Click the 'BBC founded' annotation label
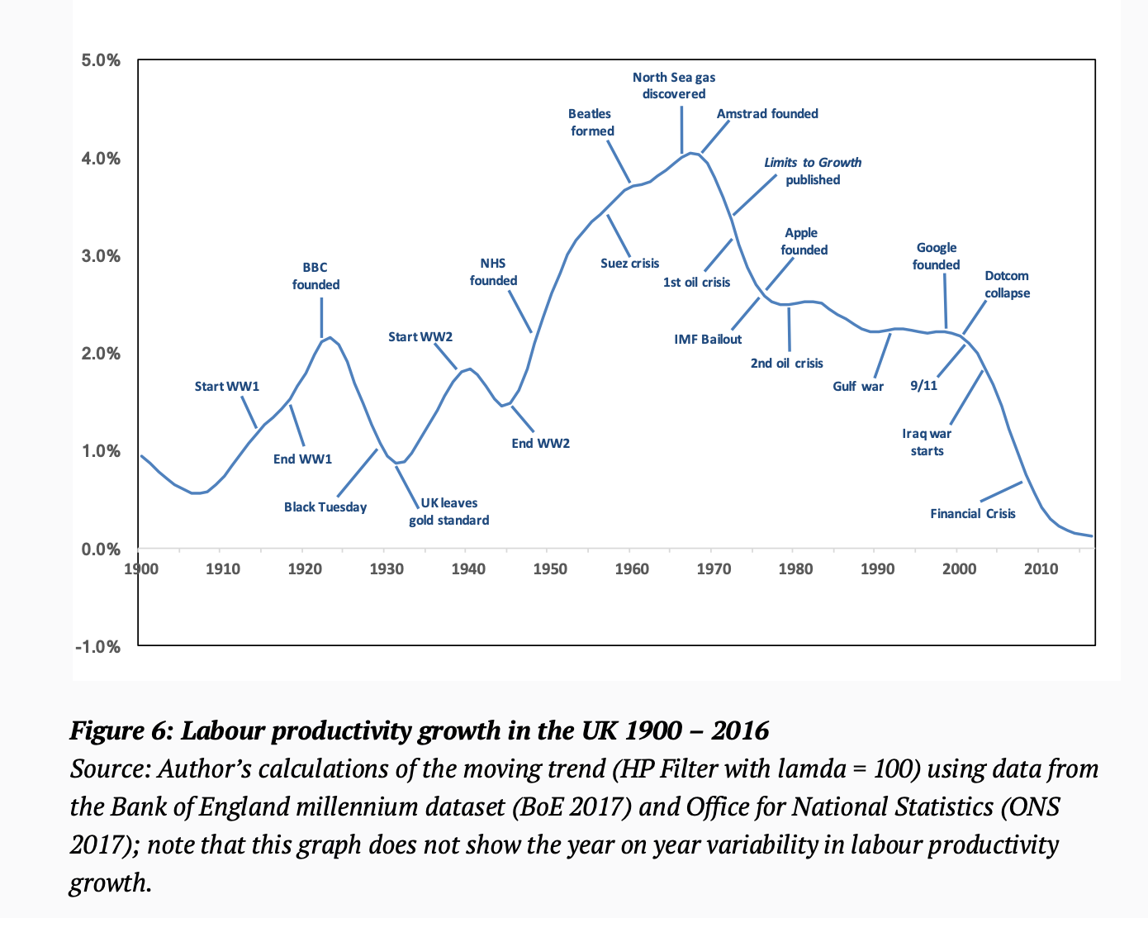[x=315, y=276]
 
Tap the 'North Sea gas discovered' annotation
[x=674, y=85]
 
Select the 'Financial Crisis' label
[x=972, y=514]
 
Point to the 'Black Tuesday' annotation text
[x=325, y=507]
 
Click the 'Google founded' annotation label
[x=936, y=256]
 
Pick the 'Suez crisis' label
[x=629, y=264]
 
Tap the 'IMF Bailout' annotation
[x=708, y=340]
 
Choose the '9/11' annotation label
[x=923, y=386]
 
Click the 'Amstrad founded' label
[x=767, y=114]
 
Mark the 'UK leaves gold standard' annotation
[x=449, y=511]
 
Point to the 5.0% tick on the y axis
[x=101, y=60]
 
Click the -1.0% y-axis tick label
[x=98, y=647]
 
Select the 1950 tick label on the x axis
[x=550, y=569]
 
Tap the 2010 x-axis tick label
[x=1041, y=569]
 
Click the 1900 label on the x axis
[x=141, y=569]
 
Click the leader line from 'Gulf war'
[x=882, y=356]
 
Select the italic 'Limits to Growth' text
[x=813, y=163]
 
